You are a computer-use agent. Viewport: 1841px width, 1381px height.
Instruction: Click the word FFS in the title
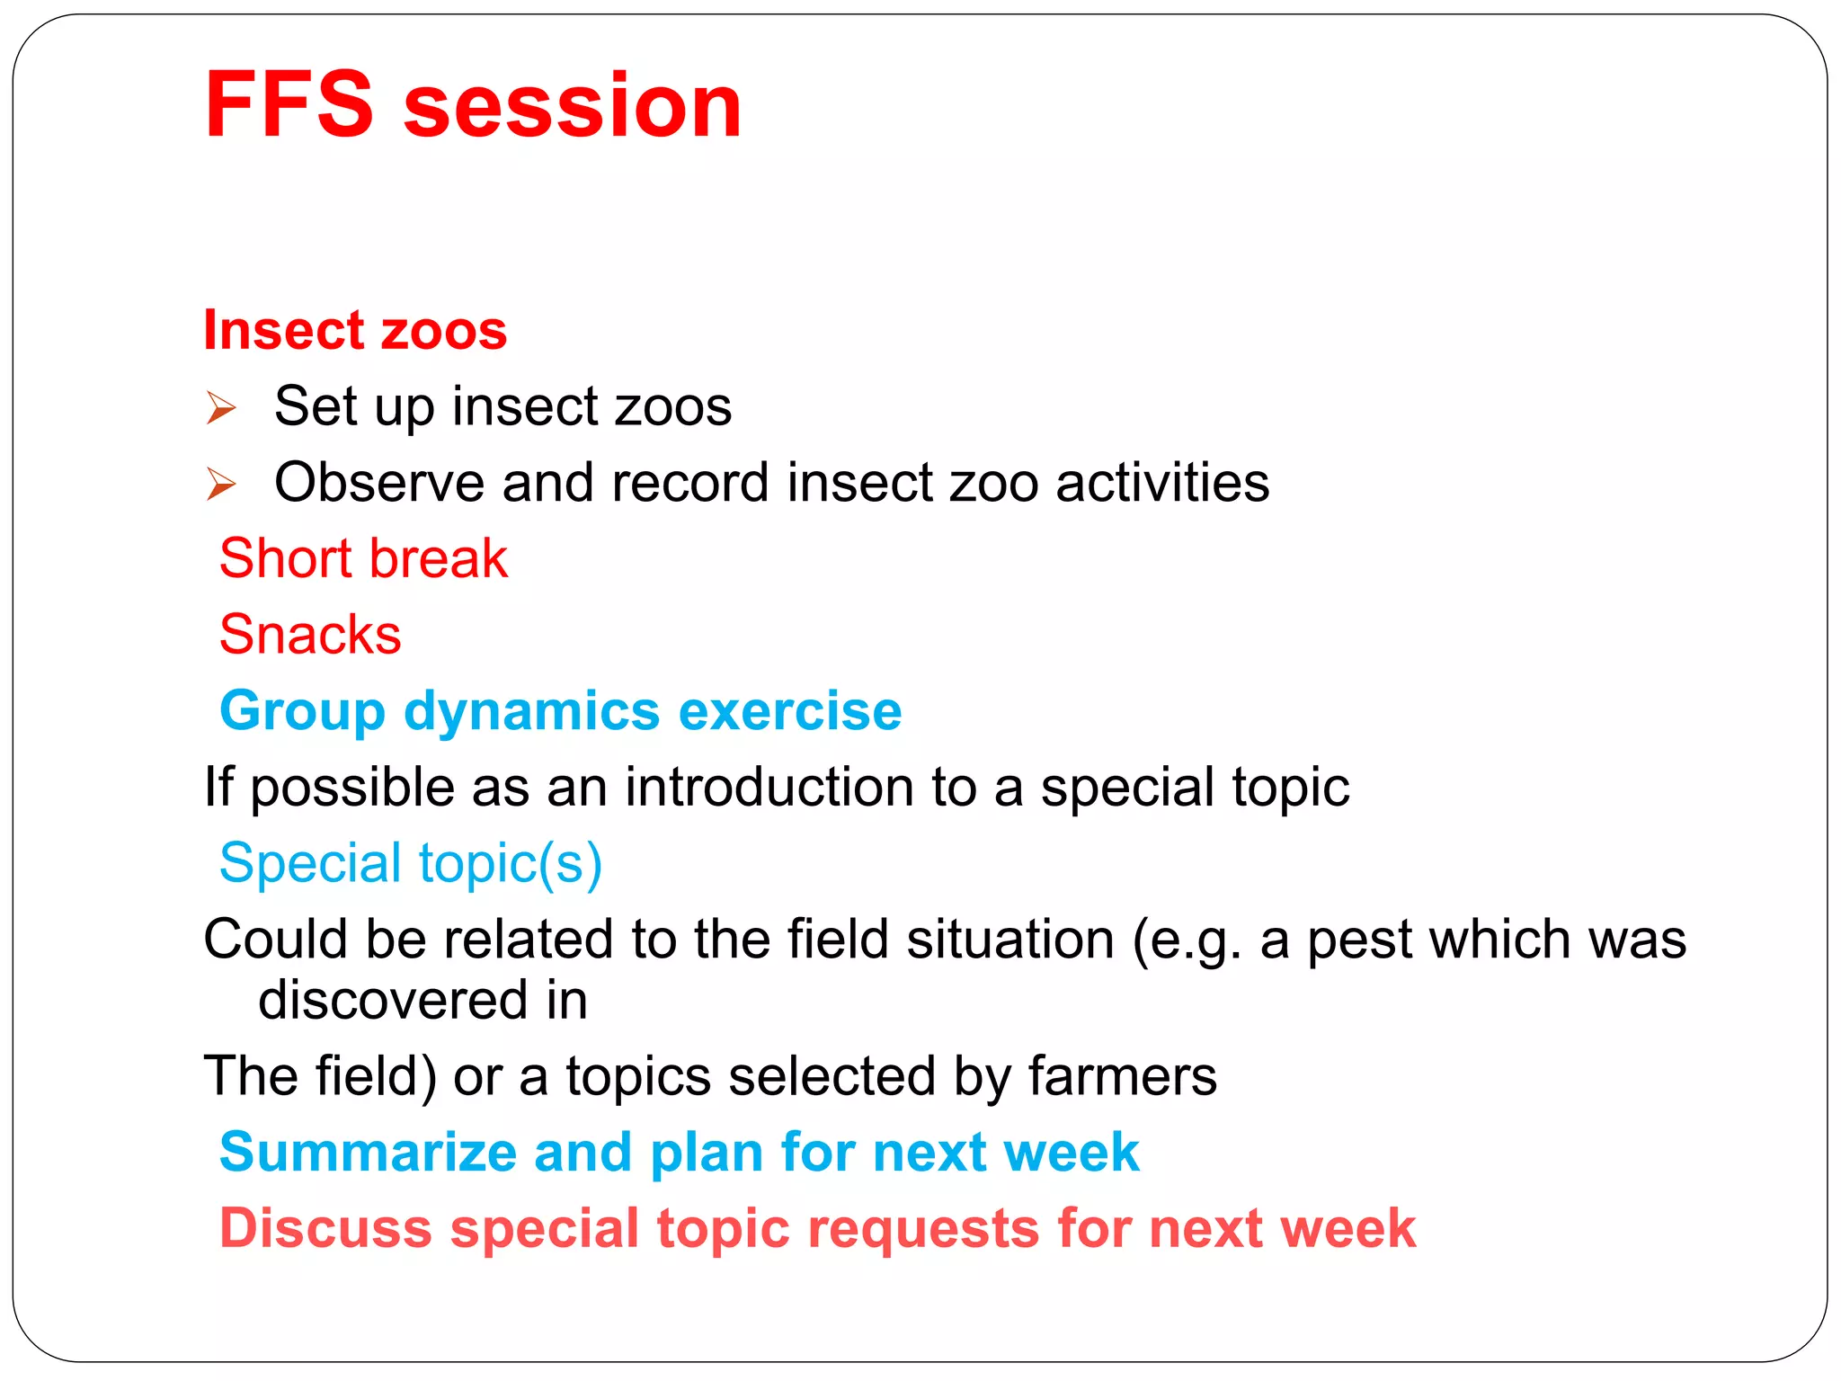[x=289, y=105]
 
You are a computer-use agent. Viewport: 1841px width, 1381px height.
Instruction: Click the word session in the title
[x=573, y=105]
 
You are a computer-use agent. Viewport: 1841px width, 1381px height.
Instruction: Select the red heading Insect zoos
[x=355, y=330]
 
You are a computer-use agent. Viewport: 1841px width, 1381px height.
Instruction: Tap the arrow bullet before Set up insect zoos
[x=220, y=408]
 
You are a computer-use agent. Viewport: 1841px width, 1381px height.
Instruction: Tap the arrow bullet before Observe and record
[x=220, y=485]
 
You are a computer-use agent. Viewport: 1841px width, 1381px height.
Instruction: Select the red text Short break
[x=363, y=558]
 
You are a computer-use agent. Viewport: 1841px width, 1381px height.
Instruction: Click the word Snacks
[x=310, y=635]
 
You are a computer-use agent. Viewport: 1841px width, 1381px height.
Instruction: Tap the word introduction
[x=769, y=787]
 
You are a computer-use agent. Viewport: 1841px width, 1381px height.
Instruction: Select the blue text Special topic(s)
[x=411, y=864]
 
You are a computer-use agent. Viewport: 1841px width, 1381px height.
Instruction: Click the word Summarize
[x=368, y=1153]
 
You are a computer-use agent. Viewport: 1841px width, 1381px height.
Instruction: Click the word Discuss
[x=325, y=1229]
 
